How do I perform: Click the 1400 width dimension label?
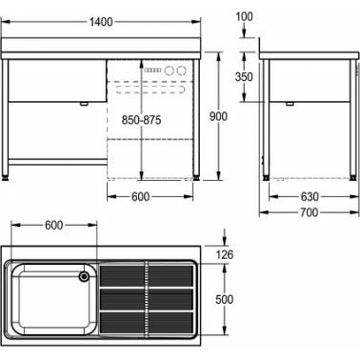[101, 22]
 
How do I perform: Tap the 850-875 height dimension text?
[142, 120]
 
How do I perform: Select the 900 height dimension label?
[218, 116]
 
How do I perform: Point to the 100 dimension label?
[244, 16]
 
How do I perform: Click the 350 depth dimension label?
[244, 77]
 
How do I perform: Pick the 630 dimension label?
[310, 197]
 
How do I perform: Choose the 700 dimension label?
[310, 212]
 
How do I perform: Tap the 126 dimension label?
[224, 254]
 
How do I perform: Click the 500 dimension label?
[224, 299]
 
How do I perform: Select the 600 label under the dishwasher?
[141, 197]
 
